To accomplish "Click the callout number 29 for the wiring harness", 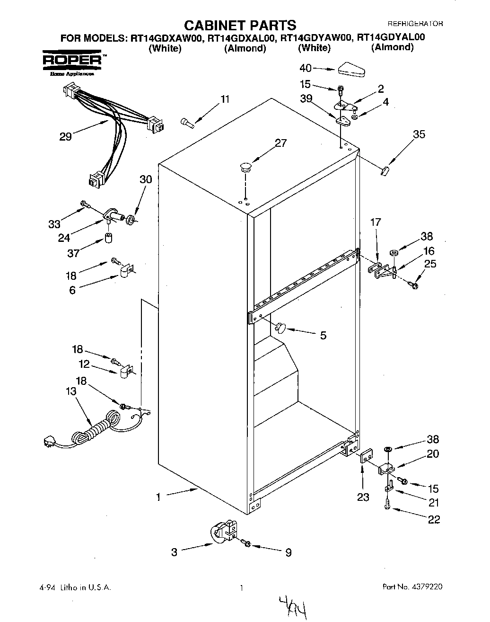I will tap(65, 137).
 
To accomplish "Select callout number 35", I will tap(419, 134).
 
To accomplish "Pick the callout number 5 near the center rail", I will tap(323, 335).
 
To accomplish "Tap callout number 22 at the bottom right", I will tap(434, 519).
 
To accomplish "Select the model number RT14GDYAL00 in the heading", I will tap(391, 37).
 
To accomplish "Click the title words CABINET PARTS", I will tap(239, 25).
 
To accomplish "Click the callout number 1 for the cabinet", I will tap(158, 497).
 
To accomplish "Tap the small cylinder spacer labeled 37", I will tap(108, 238).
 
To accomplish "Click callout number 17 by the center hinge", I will tap(375, 222).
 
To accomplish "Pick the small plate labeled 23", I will tap(366, 458).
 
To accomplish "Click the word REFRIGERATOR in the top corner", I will tap(415, 23).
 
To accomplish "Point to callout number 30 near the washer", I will tap(146, 179).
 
